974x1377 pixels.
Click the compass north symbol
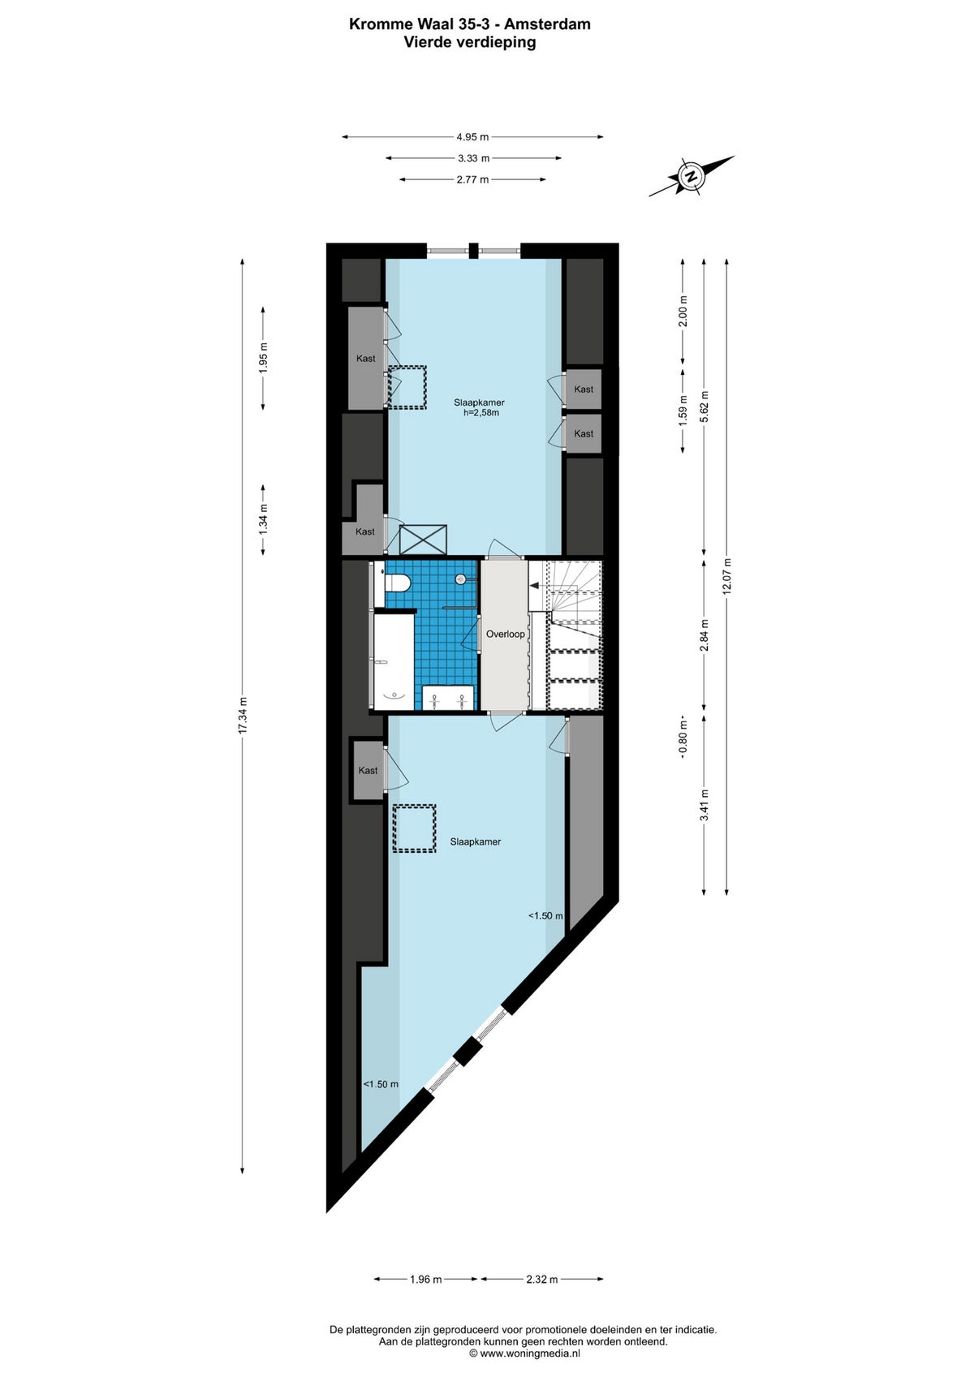[692, 176]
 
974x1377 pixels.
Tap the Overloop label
[506, 634]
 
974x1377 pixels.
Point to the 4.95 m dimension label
[472, 137]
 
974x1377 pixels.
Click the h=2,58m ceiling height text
[481, 413]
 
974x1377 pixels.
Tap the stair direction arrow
[534, 586]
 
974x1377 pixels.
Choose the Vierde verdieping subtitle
[469, 42]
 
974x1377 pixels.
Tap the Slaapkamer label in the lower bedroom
[476, 841]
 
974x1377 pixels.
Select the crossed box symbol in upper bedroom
[423, 540]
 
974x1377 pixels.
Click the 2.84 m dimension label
[704, 635]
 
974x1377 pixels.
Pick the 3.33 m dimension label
[473, 158]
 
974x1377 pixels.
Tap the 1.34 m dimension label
[263, 519]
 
